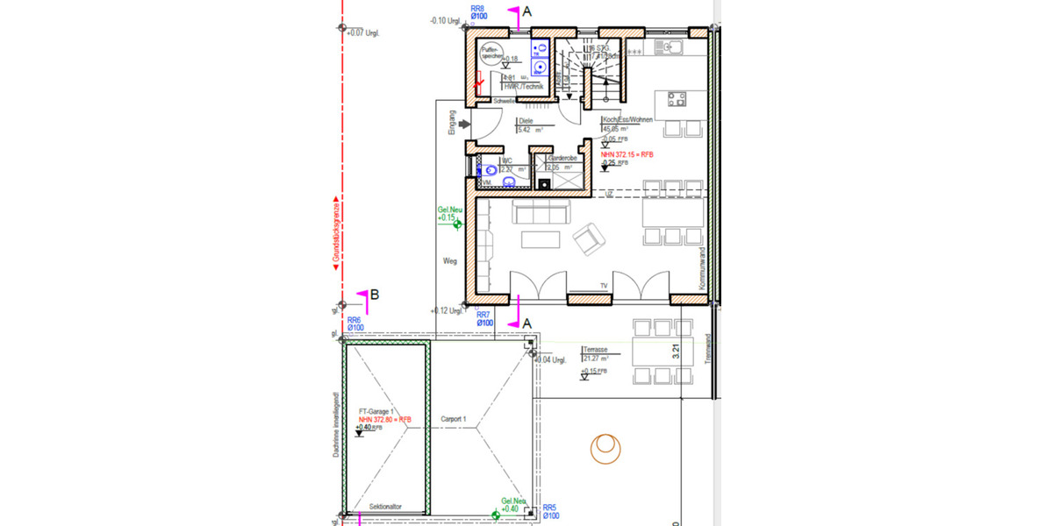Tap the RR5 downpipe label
pos(551,511)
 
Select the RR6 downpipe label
pos(355,324)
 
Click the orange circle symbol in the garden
pos(605,448)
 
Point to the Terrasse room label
pos(596,348)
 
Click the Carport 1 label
pos(453,419)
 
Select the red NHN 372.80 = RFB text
pos(384,420)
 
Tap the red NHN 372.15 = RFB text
pos(627,154)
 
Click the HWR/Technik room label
pos(524,87)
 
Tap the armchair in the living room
pos(587,234)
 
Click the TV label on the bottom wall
pos(604,287)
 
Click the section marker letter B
pos(374,295)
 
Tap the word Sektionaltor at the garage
pos(385,507)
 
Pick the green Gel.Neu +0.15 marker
pos(450,215)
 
